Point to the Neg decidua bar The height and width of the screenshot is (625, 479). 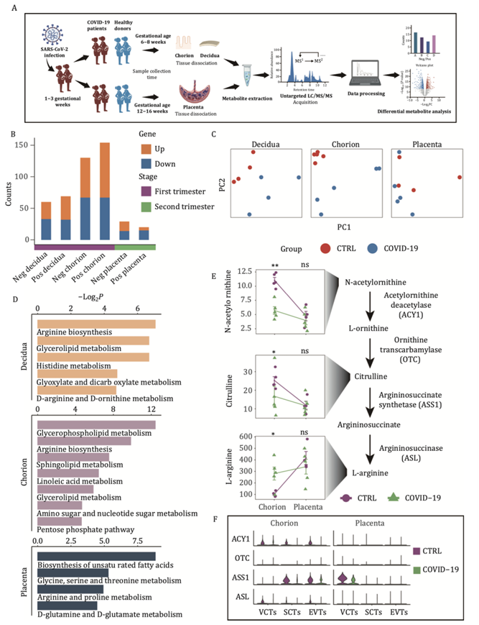point(45,221)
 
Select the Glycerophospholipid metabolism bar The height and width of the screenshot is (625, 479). point(96,425)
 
